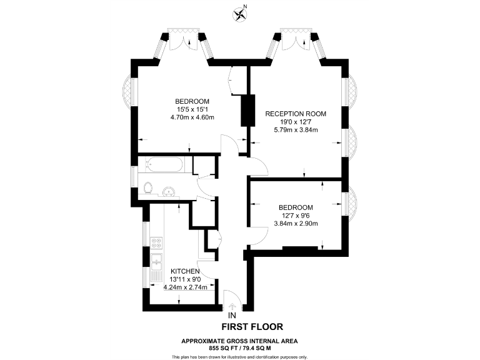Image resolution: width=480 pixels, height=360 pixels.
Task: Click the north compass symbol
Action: tap(239, 12)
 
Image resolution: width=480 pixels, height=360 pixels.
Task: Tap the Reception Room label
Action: tap(296, 114)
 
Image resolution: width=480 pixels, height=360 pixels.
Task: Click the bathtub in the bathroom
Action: tap(165, 166)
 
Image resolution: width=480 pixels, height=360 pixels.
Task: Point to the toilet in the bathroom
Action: tap(147, 187)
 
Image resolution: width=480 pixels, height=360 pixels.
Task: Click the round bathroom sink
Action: tap(168, 191)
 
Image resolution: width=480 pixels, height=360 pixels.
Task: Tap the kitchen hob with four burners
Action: tap(156, 241)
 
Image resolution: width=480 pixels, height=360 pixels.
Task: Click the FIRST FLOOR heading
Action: tap(252, 326)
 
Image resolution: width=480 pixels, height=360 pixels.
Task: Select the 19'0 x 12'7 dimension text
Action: tap(296, 122)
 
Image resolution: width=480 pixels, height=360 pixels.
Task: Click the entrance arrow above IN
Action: tap(232, 306)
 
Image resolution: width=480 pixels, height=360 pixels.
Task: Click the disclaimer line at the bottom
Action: tap(239, 357)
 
